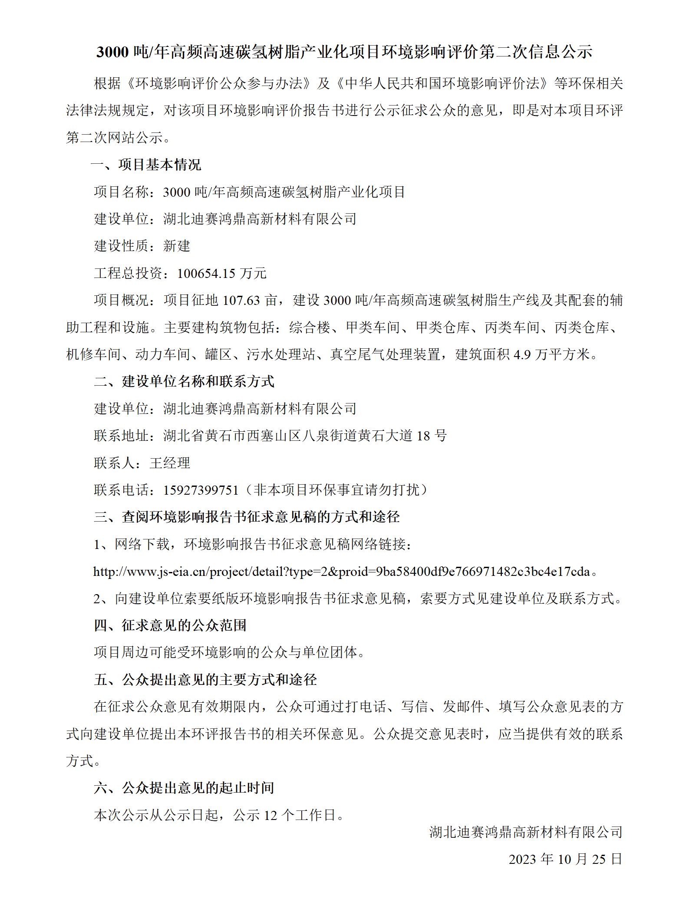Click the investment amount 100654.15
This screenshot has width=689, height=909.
(x=206, y=273)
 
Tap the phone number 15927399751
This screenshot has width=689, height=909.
(x=201, y=490)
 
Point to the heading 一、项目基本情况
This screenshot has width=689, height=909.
(x=146, y=165)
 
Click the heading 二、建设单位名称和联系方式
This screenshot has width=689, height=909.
(x=184, y=381)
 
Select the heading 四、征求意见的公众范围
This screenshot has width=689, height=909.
(x=170, y=625)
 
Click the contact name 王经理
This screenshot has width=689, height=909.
(x=170, y=463)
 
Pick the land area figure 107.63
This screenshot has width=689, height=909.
(x=241, y=300)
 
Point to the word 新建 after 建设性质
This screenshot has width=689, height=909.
(x=177, y=246)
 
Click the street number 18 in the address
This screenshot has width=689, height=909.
(x=423, y=436)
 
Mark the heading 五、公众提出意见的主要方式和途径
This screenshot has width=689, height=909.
(x=205, y=680)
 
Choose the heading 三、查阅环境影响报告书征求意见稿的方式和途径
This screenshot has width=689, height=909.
(x=247, y=517)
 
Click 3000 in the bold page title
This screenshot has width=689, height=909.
(x=112, y=52)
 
